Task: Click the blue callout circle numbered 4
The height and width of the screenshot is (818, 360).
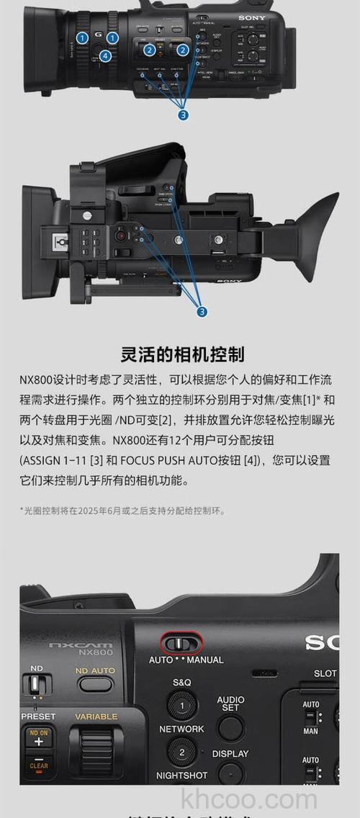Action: (x=106, y=55)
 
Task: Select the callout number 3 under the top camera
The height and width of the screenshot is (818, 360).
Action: (x=184, y=114)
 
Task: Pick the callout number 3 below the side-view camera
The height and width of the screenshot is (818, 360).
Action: (x=202, y=311)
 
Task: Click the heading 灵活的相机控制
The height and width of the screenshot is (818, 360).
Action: (x=182, y=354)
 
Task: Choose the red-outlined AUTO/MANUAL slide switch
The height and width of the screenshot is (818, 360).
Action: (x=181, y=642)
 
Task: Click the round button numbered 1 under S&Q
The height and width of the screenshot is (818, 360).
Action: (x=181, y=706)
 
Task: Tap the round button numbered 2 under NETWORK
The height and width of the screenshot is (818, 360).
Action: (x=181, y=752)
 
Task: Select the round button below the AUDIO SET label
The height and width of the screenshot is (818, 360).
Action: (x=230, y=728)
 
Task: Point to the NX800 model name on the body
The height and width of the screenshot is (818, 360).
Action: (x=96, y=652)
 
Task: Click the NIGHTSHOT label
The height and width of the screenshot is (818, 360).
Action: (x=181, y=776)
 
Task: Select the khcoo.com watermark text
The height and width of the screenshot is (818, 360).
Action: (x=249, y=799)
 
